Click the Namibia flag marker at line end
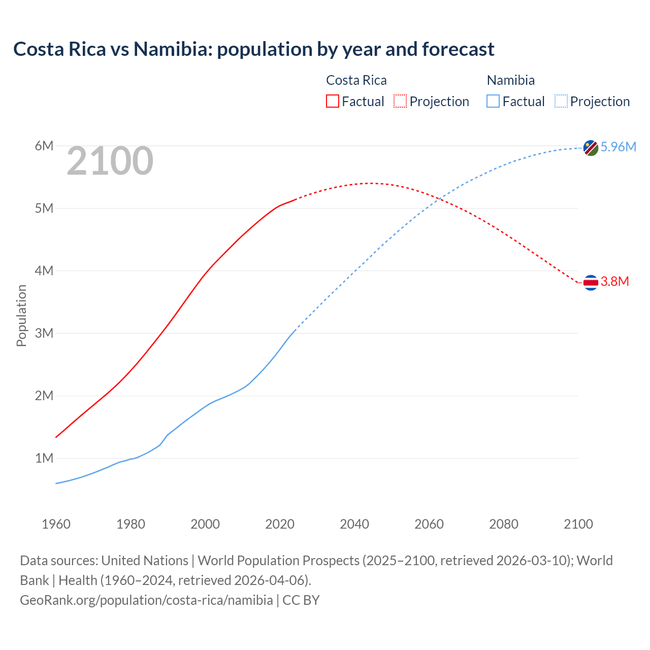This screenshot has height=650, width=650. click(x=591, y=148)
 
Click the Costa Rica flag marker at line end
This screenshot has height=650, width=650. click(x=591, y=282)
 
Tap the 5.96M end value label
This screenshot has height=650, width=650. click(x=618, y=147)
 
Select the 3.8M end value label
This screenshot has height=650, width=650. click(x=614, y=281)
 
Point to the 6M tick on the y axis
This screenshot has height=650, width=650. click(x=44, y=146)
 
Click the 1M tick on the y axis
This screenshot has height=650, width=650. click(x=44, y=458)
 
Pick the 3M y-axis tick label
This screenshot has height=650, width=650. click(x=44, y=333)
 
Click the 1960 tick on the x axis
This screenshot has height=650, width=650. click(x=56, y=524)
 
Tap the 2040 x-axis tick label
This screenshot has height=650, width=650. click(x=354, y=524)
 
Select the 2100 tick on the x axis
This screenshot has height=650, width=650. click(x=578, y=524)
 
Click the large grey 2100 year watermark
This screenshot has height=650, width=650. click(x=110, y=161)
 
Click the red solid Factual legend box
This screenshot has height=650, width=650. click(x=332, y=101)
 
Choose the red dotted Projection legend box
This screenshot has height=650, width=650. click(x=400, y=101)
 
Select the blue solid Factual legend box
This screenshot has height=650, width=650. click(x=493, y=101)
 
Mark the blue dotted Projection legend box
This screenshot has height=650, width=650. click(x=561, y=101)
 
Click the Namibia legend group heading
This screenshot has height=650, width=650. click(x=510, y=80)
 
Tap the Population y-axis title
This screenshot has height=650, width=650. click(x=21, y=315)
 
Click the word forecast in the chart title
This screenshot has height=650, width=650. click(x=458, y=49)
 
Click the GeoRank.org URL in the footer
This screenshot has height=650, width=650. click(x=146, y=600)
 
